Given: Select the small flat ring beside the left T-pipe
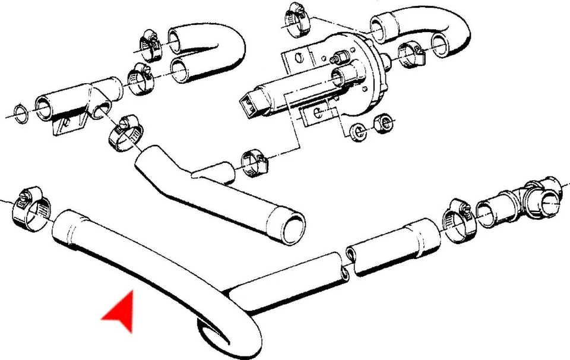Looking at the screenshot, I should click(20, 112).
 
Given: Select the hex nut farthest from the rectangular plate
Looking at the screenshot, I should click(386, 124).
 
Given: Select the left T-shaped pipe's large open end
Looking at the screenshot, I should click(44, 106).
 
